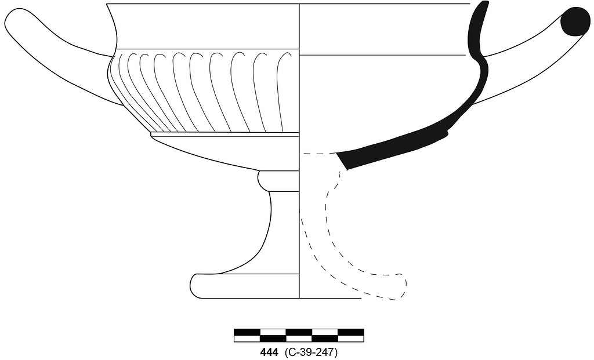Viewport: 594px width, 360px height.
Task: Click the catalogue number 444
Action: [x=269, y=352]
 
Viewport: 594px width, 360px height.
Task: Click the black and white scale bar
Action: [x=299, y=336]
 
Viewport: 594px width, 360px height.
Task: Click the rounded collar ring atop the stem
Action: [x=278, y=181]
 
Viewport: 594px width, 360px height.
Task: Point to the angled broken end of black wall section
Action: [x=342, y=161]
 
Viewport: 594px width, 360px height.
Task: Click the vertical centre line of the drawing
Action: [x=299, y=151]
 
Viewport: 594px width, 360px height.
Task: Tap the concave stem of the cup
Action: [x=282, y=231]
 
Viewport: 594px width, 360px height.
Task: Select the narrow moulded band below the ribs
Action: [x=224, y=134]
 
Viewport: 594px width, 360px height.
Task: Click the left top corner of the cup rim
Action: [x=107, y=4]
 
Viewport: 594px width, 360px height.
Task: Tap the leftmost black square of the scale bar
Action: [x=247, y=332]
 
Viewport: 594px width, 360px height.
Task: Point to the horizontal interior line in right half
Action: [x=382, y=55]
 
